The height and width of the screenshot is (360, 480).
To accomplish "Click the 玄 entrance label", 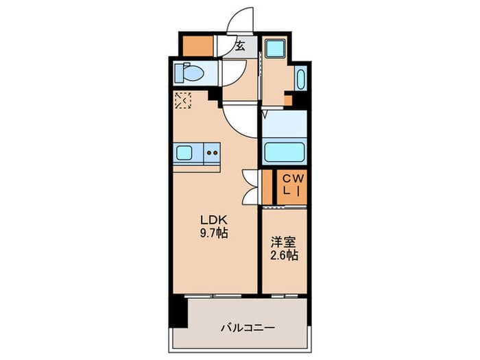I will (241, 47).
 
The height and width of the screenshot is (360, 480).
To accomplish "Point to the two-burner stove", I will (213, 154).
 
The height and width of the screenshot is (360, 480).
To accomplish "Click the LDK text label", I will (213, 219).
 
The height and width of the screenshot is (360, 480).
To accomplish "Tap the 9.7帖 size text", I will (213, 232).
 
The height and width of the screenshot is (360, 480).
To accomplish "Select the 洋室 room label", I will (283, 243).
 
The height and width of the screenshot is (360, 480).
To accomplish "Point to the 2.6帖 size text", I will (283, 256).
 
